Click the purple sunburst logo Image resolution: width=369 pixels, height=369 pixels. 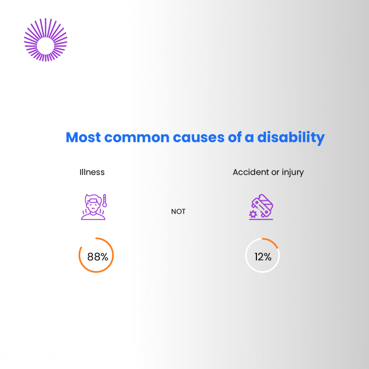tap(45, 40)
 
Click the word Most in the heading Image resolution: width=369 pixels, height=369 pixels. tap(83, 137)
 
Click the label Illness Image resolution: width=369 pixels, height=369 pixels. tap(92, 172)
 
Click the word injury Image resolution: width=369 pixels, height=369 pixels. tap(292, 173)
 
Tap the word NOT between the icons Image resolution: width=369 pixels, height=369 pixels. tap(178, 211)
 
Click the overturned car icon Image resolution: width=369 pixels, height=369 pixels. tap(263, 204)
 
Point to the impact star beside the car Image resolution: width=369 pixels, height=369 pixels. tap(253, 214)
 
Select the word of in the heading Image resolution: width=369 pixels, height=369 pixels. tap(235, 137)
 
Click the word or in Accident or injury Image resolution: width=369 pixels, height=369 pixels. tap(275, 173)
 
